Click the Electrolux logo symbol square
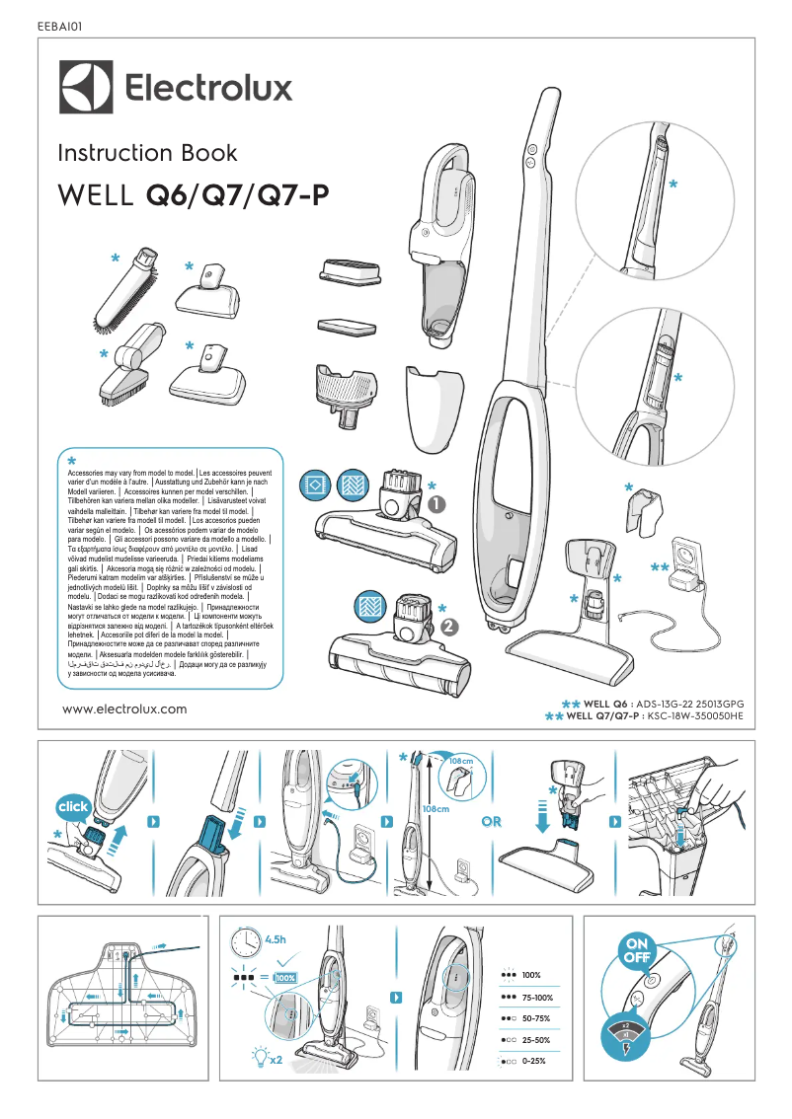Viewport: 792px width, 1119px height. coord(87,90)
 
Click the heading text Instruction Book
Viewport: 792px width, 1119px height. coord(147,153)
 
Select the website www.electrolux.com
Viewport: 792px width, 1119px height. coord(124,709)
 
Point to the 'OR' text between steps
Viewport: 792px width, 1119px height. coord(492,821)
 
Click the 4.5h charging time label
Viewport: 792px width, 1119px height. coord(279,937)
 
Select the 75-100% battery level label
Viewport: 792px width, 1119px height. coord(537,998)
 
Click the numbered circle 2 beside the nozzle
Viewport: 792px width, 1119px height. coord(450,626)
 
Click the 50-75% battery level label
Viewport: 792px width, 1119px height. coord(537,1018)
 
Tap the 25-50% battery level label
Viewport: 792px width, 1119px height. coord(537,1040)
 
